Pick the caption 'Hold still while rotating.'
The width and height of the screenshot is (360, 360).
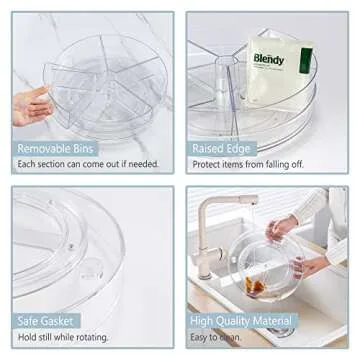[x=62, y=339]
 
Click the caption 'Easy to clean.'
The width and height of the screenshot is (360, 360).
[x=220, y=339]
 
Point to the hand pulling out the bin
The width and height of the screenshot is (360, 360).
[x=30, y=104]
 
